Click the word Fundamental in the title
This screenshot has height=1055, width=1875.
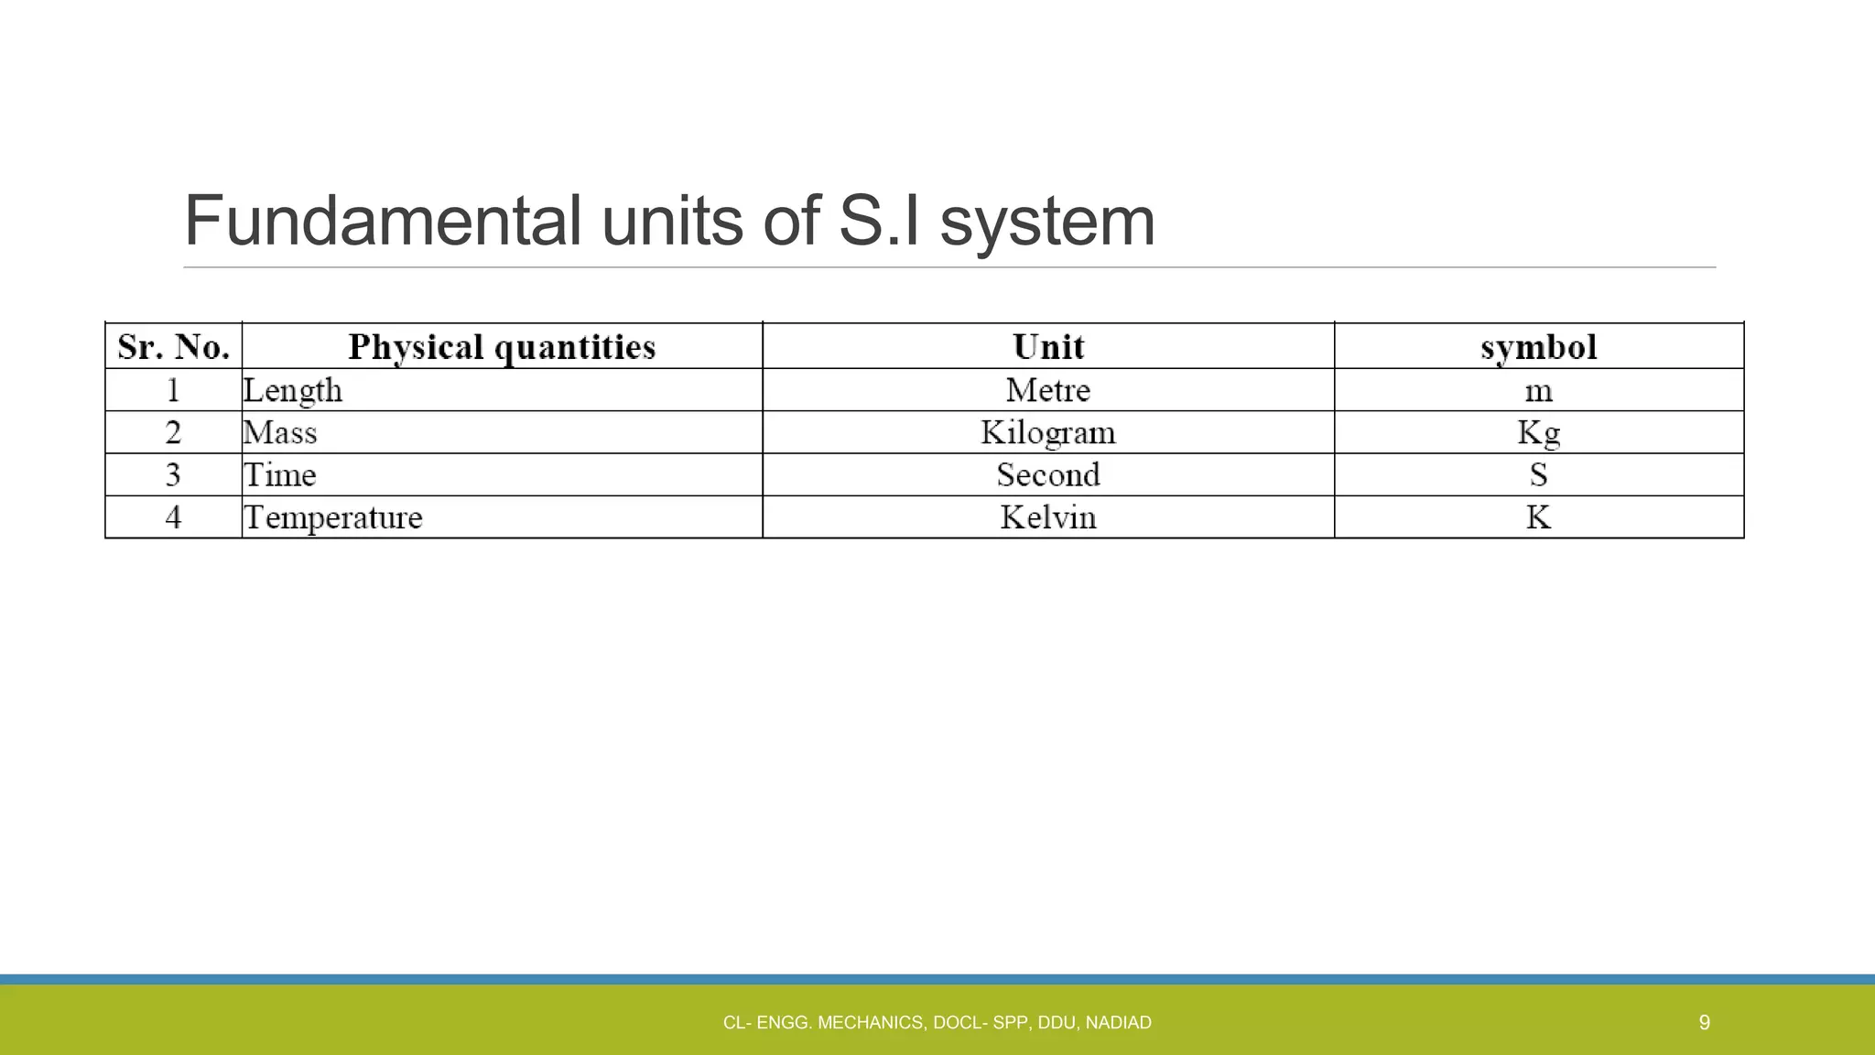(382, 221)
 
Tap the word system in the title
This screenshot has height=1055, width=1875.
(1047, 223)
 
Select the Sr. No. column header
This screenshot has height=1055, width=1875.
(173, 347)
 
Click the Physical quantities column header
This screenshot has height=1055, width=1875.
(502, 347)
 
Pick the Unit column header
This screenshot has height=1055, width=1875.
(1048, 347)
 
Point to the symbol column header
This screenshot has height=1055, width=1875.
(1538, 347)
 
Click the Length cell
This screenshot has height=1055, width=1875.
(293, 390)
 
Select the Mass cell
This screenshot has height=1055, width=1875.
(280, 432)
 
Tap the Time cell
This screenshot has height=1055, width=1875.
(280, 474)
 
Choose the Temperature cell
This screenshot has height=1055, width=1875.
(333, 517)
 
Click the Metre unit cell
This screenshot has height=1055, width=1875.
(1048, 390)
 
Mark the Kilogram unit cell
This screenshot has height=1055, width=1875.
(1048, 432)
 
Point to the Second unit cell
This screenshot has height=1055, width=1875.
(1048, 474)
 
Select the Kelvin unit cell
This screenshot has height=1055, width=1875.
(1048, 517)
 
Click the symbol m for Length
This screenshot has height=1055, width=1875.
(1538, 391)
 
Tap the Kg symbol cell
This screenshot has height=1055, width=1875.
(1538, 432)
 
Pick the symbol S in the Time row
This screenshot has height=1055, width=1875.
(1538, 474)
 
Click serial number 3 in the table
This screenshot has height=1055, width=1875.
(173, 474)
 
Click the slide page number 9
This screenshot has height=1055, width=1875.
(1704, 1022)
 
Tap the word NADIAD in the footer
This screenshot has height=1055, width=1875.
(1118, 1023)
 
